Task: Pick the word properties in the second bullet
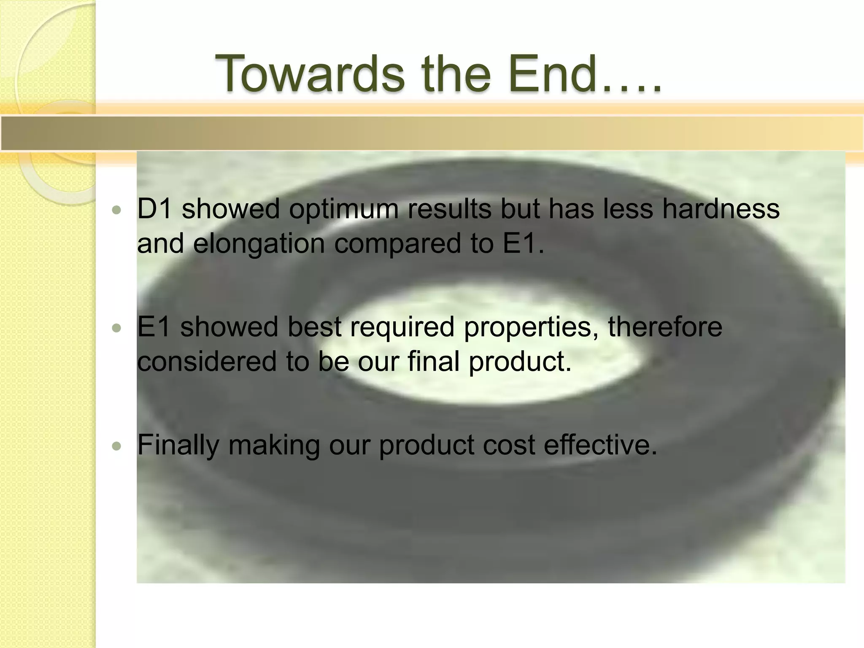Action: click(531, 327)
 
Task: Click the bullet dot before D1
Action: click(117, 210)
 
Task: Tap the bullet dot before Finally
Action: click(117, 446)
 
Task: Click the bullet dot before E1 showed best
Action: click(117, 328)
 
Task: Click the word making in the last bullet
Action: click(274, 445)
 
